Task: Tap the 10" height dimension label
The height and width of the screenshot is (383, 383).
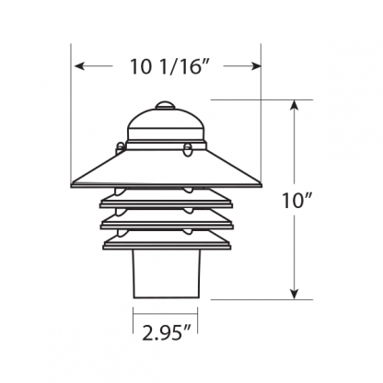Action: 296,201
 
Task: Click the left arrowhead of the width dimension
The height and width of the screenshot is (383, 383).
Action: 79,66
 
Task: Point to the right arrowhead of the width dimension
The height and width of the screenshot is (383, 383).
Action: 256,66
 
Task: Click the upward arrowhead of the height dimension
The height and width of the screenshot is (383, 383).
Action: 295,105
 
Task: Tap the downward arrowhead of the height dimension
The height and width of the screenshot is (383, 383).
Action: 295,294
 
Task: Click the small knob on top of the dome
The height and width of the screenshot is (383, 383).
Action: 165,106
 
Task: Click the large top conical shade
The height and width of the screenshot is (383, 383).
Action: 166,168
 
